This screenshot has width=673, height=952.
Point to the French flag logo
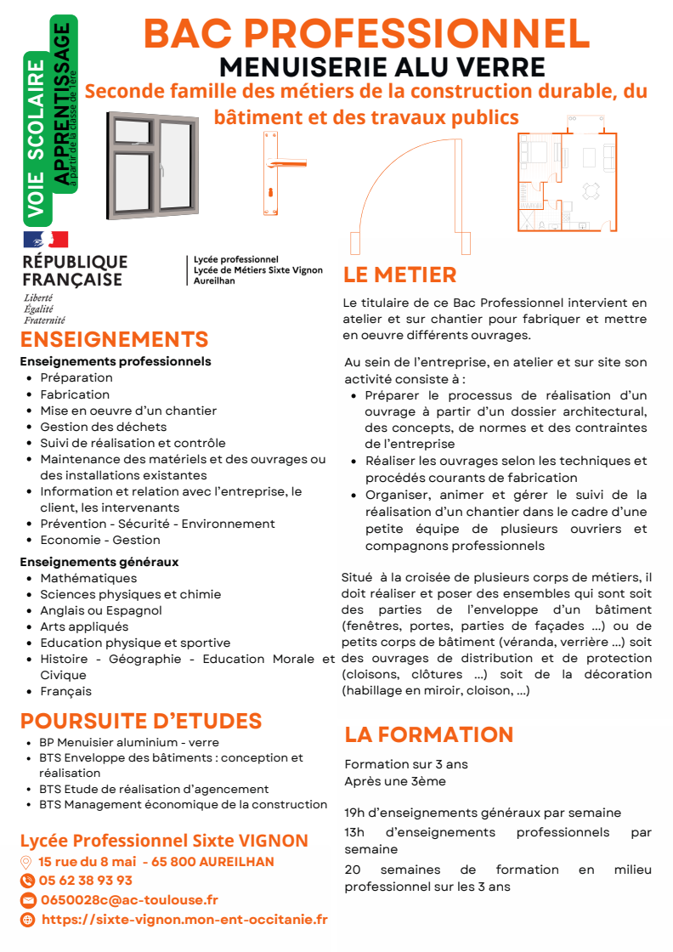(x=45, y=240)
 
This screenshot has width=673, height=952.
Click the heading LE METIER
(x=399, y=275)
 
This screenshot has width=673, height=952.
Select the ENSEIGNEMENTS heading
(x=114, y=340)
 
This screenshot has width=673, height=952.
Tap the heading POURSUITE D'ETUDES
(x=141, y=722)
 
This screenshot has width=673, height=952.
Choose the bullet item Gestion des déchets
(x=103, y=427)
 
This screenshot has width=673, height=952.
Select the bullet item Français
(x=65, y=691)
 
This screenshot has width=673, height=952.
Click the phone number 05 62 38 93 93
(x=85, y=881)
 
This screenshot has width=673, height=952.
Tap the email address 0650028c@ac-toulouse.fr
(x=128, y=900)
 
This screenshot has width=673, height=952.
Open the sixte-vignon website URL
(x=184, y=920)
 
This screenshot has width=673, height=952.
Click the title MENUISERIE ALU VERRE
(x=382, y=66)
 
